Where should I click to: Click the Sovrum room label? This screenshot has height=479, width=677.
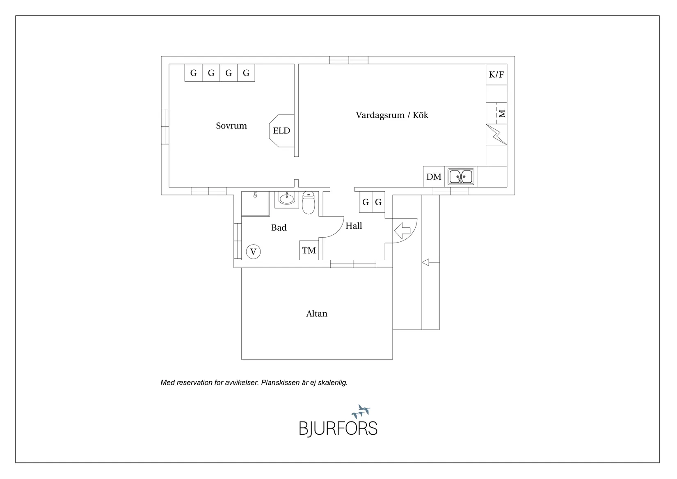click(231, 126)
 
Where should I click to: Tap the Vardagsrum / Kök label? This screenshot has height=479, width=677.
click(392, 115)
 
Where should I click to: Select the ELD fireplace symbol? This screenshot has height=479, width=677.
click(282, 131)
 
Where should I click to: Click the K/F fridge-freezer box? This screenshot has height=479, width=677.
click(496, 74)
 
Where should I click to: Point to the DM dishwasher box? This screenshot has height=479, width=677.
click(434, 176)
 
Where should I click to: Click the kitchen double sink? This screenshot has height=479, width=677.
click(461, 176)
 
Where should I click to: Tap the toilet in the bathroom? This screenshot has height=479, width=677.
click(308, 203)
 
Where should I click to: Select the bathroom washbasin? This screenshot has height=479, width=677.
click(286, 199)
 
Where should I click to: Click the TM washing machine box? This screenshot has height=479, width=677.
click(309, 250)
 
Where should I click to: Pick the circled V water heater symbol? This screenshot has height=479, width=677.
click(253, 252)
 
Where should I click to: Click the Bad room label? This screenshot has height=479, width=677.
click(279, 227)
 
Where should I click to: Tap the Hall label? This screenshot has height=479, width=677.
click(354, 226)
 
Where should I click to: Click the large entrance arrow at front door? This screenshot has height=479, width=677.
click(402, 230)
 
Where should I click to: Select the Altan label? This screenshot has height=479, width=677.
click(316, 313)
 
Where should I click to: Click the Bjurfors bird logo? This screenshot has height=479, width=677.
click(361, 412)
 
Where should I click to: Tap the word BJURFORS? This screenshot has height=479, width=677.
click(338, 429)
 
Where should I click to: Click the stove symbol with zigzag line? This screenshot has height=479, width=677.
click(496, 135)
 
